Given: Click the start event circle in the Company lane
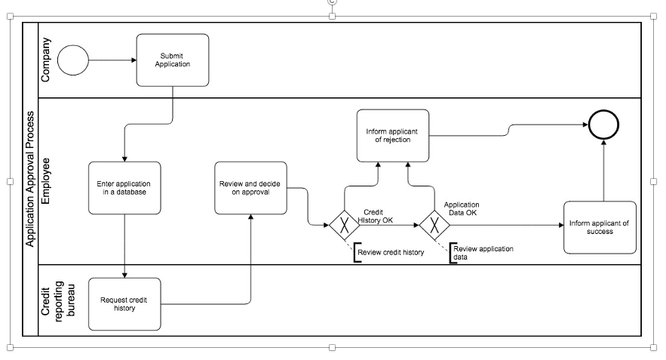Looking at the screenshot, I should pos(73,60).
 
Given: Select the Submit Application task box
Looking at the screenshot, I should pos(173,60).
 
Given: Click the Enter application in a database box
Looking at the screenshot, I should pos(124,187).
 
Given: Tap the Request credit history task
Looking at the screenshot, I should pos(124,304).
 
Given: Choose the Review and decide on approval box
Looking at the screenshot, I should pos(250,187).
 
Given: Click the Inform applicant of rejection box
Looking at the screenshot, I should pos(392,135).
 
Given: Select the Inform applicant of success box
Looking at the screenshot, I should pos(600,227).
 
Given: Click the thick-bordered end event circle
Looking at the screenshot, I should pos(603,125).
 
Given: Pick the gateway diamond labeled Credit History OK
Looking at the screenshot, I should pos(345,225).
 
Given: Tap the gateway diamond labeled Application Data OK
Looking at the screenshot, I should pos(434,225).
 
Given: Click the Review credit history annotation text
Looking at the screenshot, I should pos(391,252).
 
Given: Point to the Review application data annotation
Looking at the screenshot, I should pos(483,253).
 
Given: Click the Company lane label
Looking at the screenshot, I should pos(47,60).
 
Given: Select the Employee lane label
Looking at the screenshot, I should pos(47,181).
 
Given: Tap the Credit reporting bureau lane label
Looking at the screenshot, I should pos(57,300).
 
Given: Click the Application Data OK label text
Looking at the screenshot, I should pos(461,208).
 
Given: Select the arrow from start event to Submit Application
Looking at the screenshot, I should pos(112,60).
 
